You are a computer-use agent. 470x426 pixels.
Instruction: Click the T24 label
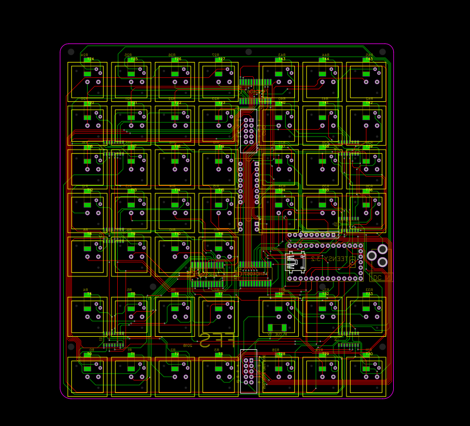[90, 59]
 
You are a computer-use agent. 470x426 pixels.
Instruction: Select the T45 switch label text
[369, 59]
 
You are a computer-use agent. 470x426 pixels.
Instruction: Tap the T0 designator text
[89, 354]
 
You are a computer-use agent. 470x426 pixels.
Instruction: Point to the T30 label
[369, 354]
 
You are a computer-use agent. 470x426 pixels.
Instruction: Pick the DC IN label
[381, 278]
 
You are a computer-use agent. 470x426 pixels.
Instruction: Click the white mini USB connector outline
[295, 262]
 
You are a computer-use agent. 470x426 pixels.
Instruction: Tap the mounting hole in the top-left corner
[71, 52]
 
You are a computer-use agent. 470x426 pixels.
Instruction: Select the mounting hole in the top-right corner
[382, 52]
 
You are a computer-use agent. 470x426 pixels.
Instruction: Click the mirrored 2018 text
[187, 345]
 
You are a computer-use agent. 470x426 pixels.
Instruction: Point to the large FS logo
[217, 340]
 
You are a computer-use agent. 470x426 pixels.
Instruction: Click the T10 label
[177, 234]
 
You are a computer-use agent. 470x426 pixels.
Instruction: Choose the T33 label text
[369, 294]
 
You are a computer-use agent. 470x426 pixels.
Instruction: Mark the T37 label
[282, 147]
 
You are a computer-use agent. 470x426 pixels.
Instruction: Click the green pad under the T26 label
[175, 74]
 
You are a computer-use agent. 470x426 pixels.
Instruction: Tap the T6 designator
[176, 294]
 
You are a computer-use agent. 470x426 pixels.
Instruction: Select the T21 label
[134, 103]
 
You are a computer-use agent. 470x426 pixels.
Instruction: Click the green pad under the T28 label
[279, 369]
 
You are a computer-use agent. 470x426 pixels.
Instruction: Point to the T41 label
[325, 103]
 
